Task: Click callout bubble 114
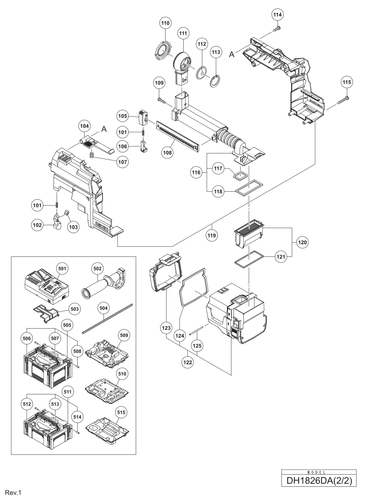click(x=278, y=15)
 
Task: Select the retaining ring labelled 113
click(x=215, y=81)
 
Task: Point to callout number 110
click(x=165, y=23)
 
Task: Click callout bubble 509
click(x=124, y=335)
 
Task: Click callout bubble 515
click(x=121, y=412)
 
